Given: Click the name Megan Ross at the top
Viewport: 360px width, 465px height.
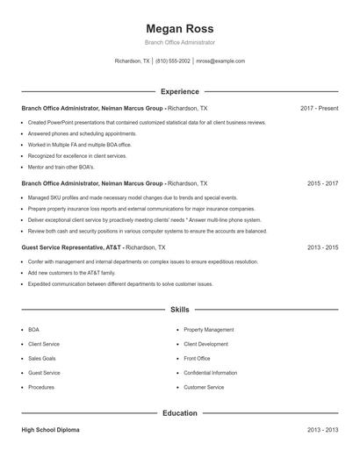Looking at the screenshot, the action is (179, 28).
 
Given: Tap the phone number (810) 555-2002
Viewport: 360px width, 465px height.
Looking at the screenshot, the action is (174, 61).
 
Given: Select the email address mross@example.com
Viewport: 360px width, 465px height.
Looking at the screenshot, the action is (220, 61).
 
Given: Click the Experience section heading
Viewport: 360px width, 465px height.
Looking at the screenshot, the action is (179, 91).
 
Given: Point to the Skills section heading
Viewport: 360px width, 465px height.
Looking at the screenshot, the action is (179, 310).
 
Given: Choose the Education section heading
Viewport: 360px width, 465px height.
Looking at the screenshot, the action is (179, 412).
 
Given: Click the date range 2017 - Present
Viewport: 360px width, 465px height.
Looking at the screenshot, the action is (319, 108).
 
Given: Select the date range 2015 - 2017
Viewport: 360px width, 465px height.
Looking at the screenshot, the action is (322, 184).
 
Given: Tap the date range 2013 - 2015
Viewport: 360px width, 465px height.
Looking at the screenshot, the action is (322, 248).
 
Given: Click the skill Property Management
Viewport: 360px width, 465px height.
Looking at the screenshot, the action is (208, 330).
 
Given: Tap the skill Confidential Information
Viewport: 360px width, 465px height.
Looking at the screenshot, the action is (213, 373).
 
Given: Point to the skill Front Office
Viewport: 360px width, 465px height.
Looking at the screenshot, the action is (197, 359).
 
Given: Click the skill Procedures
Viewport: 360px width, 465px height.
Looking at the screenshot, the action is (41, 387).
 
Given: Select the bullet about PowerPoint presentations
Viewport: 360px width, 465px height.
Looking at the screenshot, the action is (147, 122).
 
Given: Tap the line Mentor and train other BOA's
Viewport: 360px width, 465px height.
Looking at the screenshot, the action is (61, 167).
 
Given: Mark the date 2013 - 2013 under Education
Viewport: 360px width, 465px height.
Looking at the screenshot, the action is (322, 430).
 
